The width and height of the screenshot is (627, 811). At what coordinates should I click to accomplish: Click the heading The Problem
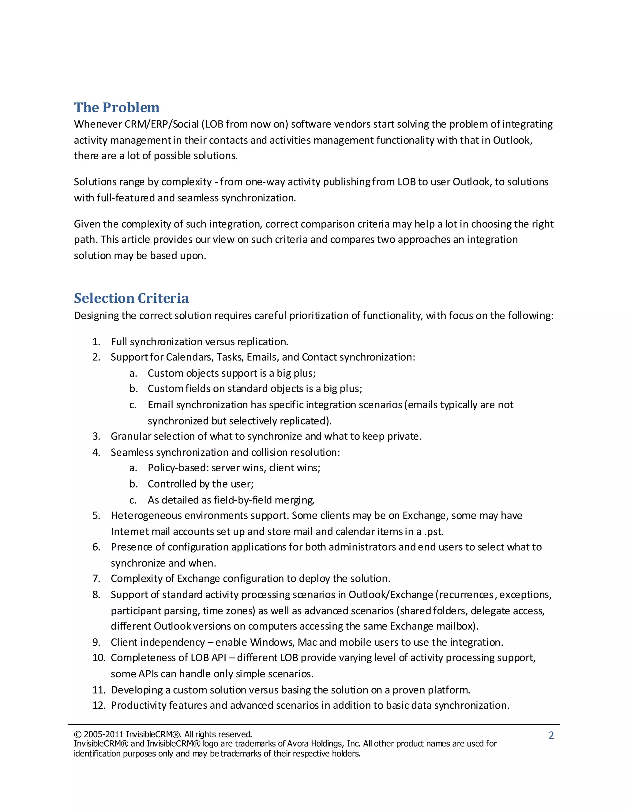pos(117,108)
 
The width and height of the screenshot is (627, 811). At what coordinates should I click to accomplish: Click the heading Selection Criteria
pos(131,298)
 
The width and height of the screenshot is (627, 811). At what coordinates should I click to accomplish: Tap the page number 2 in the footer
pos(551,735)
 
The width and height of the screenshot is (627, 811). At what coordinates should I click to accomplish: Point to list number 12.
pos(99,705)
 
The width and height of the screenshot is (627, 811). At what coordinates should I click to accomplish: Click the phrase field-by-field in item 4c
pos(243,500)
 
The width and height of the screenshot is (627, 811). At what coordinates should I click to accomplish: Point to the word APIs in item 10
pos(148,674)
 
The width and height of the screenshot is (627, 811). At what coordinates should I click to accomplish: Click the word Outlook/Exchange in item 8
pos(391,595)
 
